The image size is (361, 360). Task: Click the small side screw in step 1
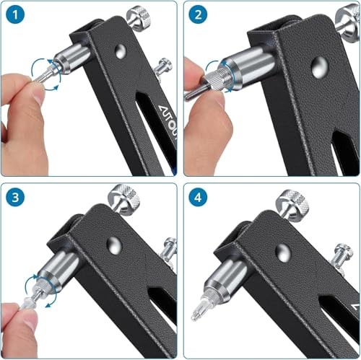(x=165, y=66)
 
